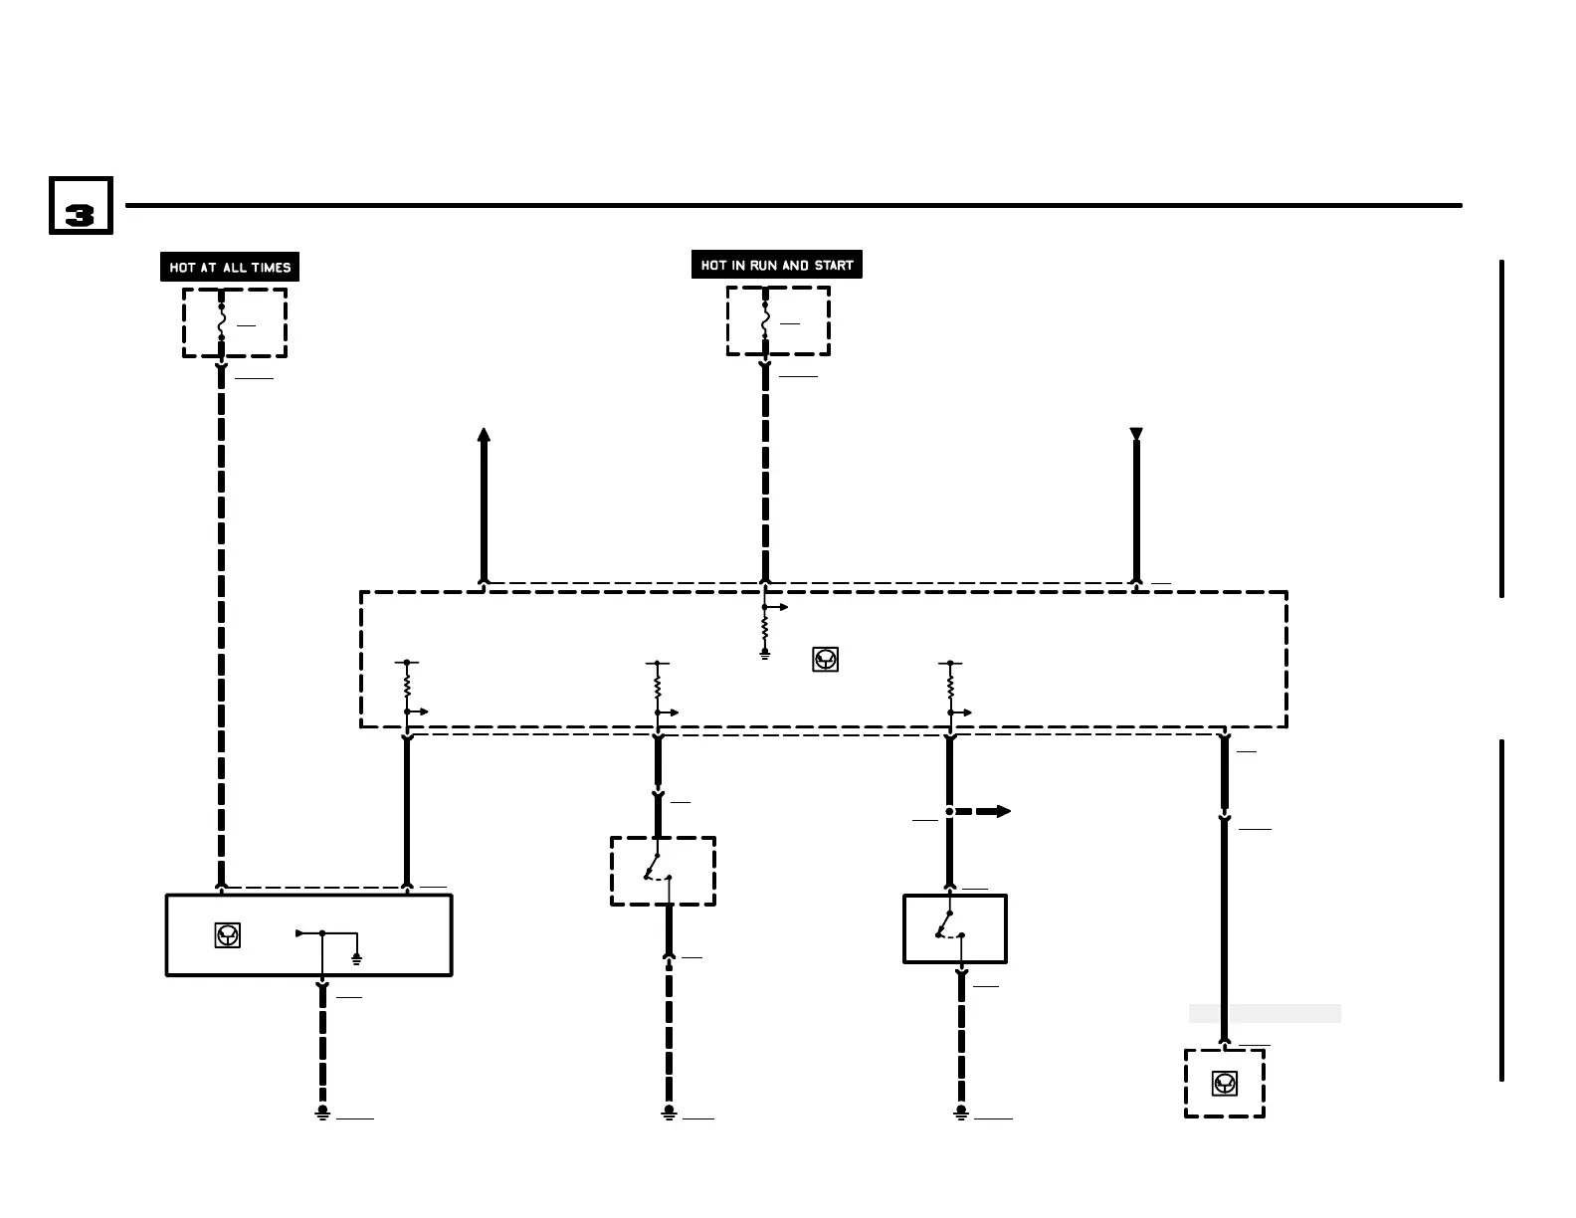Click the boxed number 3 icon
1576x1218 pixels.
point(81,206)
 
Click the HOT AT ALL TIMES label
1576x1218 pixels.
point(230,267)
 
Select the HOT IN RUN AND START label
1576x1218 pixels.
point(777,265)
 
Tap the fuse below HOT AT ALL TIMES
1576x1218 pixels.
point(221,322)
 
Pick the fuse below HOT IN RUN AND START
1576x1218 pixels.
point(765,320)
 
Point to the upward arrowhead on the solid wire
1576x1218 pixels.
point(484,436)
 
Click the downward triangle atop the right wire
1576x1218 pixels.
point(1136,434)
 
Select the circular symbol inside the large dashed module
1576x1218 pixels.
point(825,659)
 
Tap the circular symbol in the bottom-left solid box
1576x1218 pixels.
point(228,935)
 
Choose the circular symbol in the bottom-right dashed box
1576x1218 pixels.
point(1225,1083)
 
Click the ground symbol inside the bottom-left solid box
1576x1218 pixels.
point(356,958)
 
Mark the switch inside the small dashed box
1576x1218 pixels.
point(659,869)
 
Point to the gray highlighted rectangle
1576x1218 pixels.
point(1265,1013)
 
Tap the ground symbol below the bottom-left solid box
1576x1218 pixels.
point(322,1113)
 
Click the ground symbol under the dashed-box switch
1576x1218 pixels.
point(669,1113)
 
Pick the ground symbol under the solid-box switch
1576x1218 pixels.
point(961,1113)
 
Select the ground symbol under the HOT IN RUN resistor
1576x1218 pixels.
point(764,653)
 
